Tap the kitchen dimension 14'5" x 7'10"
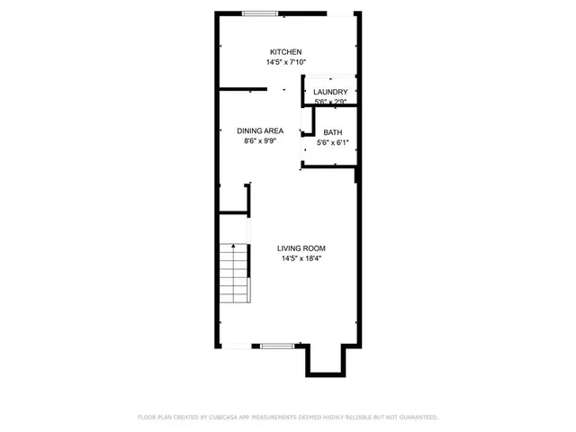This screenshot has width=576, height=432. tap(287, 63)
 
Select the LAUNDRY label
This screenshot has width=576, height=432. tap(330, 92)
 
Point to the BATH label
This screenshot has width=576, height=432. tap(331, 132)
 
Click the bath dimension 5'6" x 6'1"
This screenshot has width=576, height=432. tap(331, 142)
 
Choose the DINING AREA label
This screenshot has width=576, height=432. tap(260, 130)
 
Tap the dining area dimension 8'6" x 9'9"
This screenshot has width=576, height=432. tap(260, 141)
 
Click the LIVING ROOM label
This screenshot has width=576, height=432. tap(301, 248)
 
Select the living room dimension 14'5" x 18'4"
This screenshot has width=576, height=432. tap(301, 259)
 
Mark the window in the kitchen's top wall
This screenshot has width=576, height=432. tap(260, 13)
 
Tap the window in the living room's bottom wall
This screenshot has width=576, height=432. tap(276, 346)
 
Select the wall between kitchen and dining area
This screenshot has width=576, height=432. tap(243, 88)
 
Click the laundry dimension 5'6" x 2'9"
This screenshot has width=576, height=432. tap(330, 103)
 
